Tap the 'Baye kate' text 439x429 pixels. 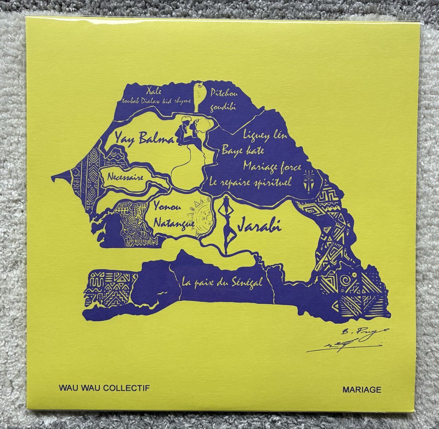pos(243,150)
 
